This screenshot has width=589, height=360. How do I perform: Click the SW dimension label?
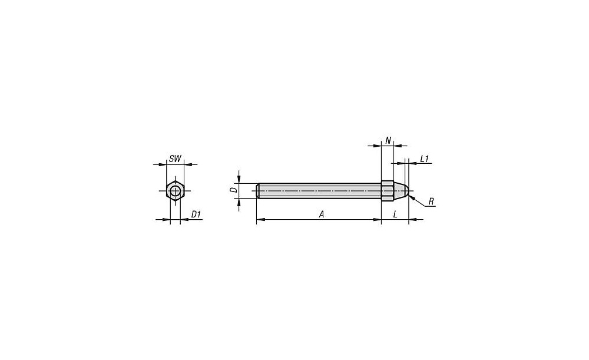click(175, 159)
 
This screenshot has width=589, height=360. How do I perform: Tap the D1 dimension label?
click(196, 214)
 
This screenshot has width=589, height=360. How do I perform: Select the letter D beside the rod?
click(234, 190)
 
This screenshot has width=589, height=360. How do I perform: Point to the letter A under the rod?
click(322, 214)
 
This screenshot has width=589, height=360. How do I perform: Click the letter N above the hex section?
click(388, 141)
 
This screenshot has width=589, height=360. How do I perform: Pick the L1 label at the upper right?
click(425, 159)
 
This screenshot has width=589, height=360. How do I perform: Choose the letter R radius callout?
click(431, 202)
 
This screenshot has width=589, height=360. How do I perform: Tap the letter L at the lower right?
click(395, 214)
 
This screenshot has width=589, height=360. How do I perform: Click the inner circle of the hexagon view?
click(175, 191)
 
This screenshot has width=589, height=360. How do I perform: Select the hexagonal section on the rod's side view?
click(388, 190)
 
